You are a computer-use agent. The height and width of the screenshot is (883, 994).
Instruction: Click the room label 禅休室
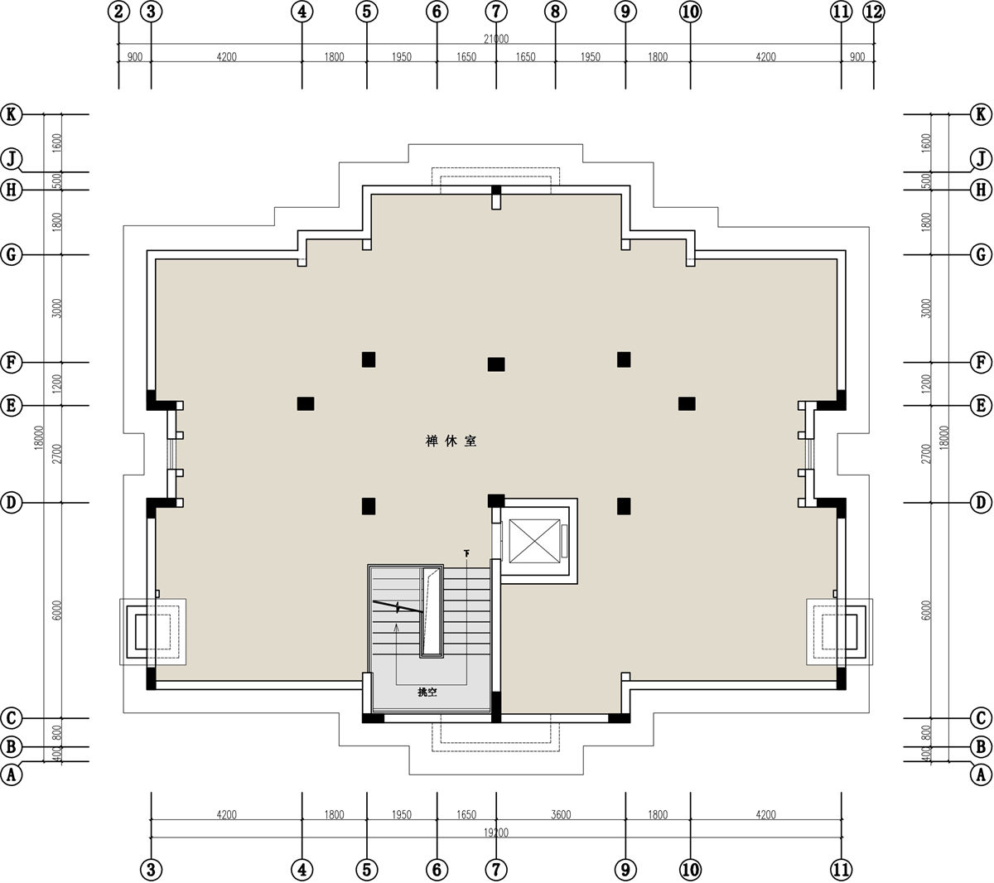click(x=451, y=441)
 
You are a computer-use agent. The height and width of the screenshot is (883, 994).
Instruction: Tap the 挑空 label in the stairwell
click(x=427, y=692)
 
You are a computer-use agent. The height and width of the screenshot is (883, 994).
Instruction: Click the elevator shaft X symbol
click(x=534, y=542)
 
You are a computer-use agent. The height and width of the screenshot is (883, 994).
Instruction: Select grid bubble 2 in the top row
click(x=118, y=12)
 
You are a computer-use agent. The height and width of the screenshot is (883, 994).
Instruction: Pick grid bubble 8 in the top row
click(x=555, y=12)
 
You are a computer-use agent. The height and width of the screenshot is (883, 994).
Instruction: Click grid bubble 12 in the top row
click(x=873, y=12)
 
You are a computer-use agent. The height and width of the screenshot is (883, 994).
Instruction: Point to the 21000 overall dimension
click(x=496, y=39)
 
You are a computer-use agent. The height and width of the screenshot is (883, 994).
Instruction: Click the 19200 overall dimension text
click(x=496, y=832)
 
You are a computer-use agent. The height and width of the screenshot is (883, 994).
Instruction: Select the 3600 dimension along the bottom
click(x=560, y=815)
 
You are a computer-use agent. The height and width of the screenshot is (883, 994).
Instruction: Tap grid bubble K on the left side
click(x=12, y=114)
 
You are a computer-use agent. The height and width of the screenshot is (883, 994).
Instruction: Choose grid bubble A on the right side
click(x=981, y=774)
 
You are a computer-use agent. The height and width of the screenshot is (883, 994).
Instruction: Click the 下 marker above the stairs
click(x=466, y=553)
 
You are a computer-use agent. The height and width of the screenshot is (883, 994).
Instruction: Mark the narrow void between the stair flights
click(x=431, y=612)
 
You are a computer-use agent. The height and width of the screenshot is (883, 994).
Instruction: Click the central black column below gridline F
click(x=496, y=364)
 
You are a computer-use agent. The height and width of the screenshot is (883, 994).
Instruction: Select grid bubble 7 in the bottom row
click(x=496, y=870)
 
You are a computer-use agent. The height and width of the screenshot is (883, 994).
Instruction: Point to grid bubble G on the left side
click(x=12, y=254)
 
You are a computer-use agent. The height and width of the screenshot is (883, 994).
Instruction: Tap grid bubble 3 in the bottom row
click(x=151, y=870)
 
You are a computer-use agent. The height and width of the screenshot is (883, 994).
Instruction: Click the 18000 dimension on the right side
click(x=946, y=437)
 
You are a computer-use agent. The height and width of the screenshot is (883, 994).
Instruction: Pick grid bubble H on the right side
click(x=981, y=190)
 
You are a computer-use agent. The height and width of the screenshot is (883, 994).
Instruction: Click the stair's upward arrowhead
click(x=396, y=627)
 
